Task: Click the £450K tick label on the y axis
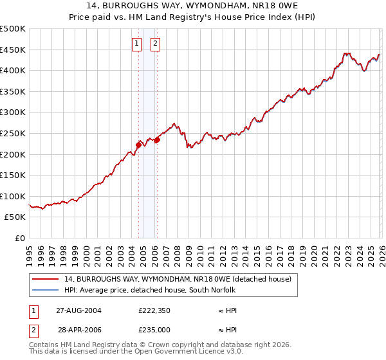(x=13, y=50)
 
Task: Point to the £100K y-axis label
(x=13, y=196)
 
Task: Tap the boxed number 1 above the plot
(x=137, y=44)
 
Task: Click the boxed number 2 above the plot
(x=156, y=44)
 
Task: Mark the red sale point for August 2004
(x=138, y=145)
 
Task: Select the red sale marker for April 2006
(x=157, y=139)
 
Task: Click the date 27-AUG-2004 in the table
(x=78, y=310)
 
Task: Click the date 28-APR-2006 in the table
(x=78, y=328)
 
